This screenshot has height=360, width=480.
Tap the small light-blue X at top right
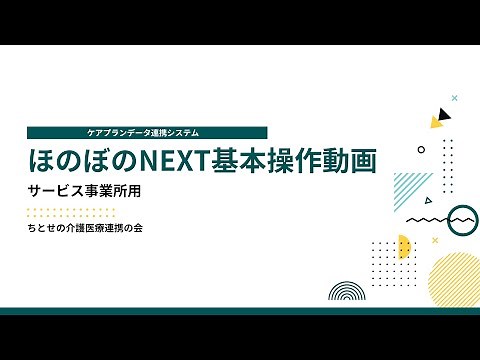click(454, 98)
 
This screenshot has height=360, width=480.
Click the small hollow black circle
click(421, 149)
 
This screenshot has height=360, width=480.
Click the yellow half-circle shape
click(404, 246)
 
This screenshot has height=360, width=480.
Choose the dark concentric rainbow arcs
click(346, 292)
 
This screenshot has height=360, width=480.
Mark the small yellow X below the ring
click(434, 240)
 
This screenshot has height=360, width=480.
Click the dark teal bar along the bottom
click(240, 311)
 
